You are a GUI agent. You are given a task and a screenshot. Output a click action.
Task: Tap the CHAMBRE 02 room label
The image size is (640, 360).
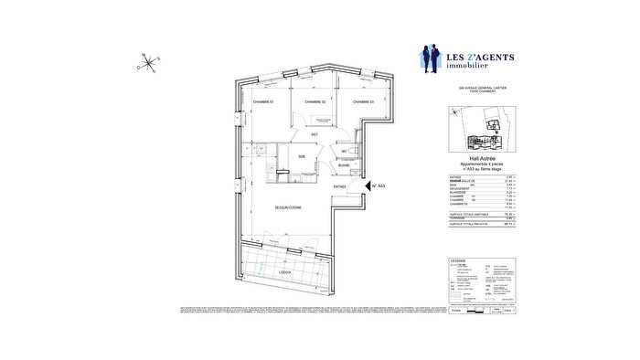pos(315,101)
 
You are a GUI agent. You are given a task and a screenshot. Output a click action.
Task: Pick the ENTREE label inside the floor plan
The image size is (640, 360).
pos(339,186)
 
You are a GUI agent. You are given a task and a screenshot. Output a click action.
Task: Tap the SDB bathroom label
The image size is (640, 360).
pos(300,157)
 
